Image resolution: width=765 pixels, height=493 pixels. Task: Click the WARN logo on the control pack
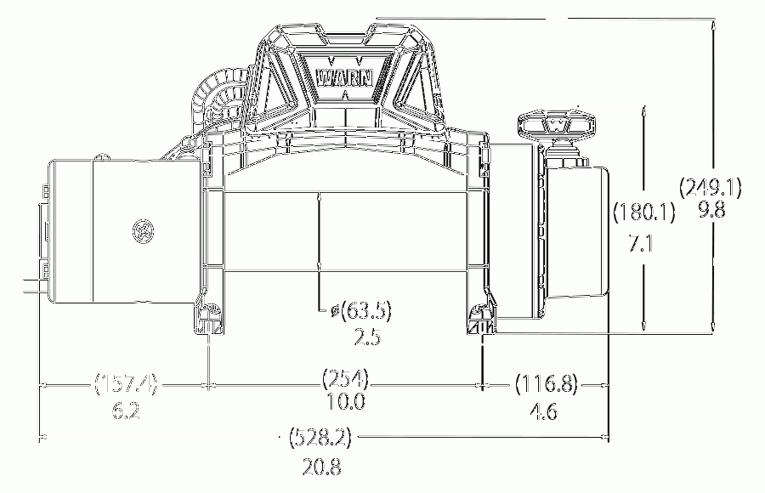tap(345, 78)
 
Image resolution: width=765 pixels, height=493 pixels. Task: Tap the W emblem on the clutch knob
tap(557, 126)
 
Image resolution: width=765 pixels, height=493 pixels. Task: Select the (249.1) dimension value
tap(711, 187)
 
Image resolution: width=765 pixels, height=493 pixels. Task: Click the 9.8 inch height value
tap(711, 210)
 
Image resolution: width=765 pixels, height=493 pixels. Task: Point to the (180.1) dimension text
tap(644, 212)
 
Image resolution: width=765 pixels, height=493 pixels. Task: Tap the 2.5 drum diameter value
tap(367, 337)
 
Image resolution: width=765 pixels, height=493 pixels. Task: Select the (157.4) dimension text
tap(126, 383)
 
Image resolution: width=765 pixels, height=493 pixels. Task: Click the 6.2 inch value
tap(126, 411)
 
